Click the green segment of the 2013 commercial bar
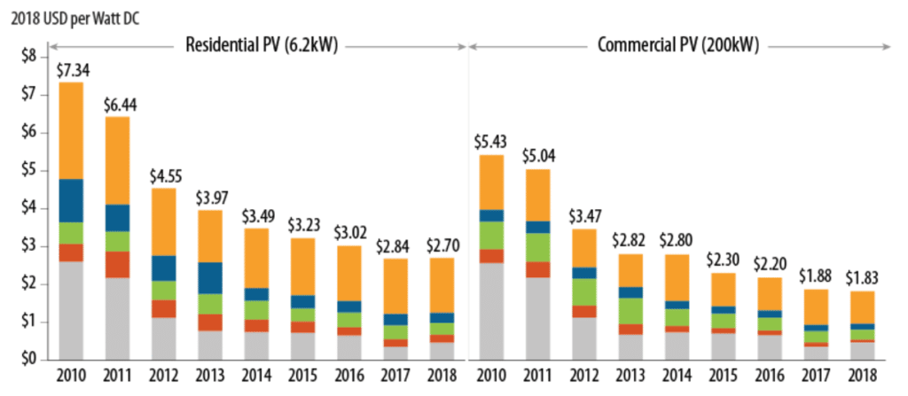point(631,311)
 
